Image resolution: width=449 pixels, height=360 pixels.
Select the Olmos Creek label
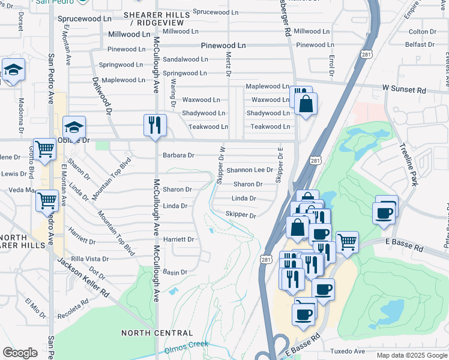[x=186, y=345]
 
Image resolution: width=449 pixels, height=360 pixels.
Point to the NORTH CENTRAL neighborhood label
[x=157, y=332]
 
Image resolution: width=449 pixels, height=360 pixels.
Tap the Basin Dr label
[x=175, y=272]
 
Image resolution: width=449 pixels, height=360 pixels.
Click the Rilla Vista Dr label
[x=89, y=259]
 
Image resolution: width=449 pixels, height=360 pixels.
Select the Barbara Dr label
[x=178, y=155]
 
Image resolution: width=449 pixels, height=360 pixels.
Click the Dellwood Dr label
[x=101, y=95]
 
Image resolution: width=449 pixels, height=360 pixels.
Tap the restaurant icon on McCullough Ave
[x=155, y=125]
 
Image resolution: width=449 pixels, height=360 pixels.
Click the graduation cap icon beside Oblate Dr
[x=74, y=127]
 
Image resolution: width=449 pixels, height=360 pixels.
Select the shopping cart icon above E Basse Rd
[x=347, y=242]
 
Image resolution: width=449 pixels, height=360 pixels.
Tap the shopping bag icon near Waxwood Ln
[x=306, y=104]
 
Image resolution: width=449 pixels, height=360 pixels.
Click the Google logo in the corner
[x=20, y=353]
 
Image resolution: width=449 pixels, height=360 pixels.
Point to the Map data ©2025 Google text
[x=411, y=355]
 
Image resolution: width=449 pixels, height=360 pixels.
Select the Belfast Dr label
[x=418, y=44]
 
